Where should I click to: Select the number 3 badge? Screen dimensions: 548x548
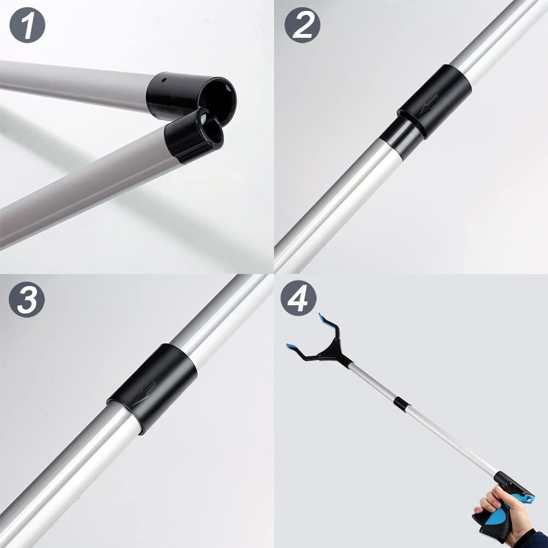[27, 299]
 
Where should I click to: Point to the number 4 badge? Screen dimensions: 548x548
[299, 299]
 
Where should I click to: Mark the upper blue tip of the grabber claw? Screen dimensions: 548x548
[324, 318]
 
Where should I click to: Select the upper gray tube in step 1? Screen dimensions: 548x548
[71, 82]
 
